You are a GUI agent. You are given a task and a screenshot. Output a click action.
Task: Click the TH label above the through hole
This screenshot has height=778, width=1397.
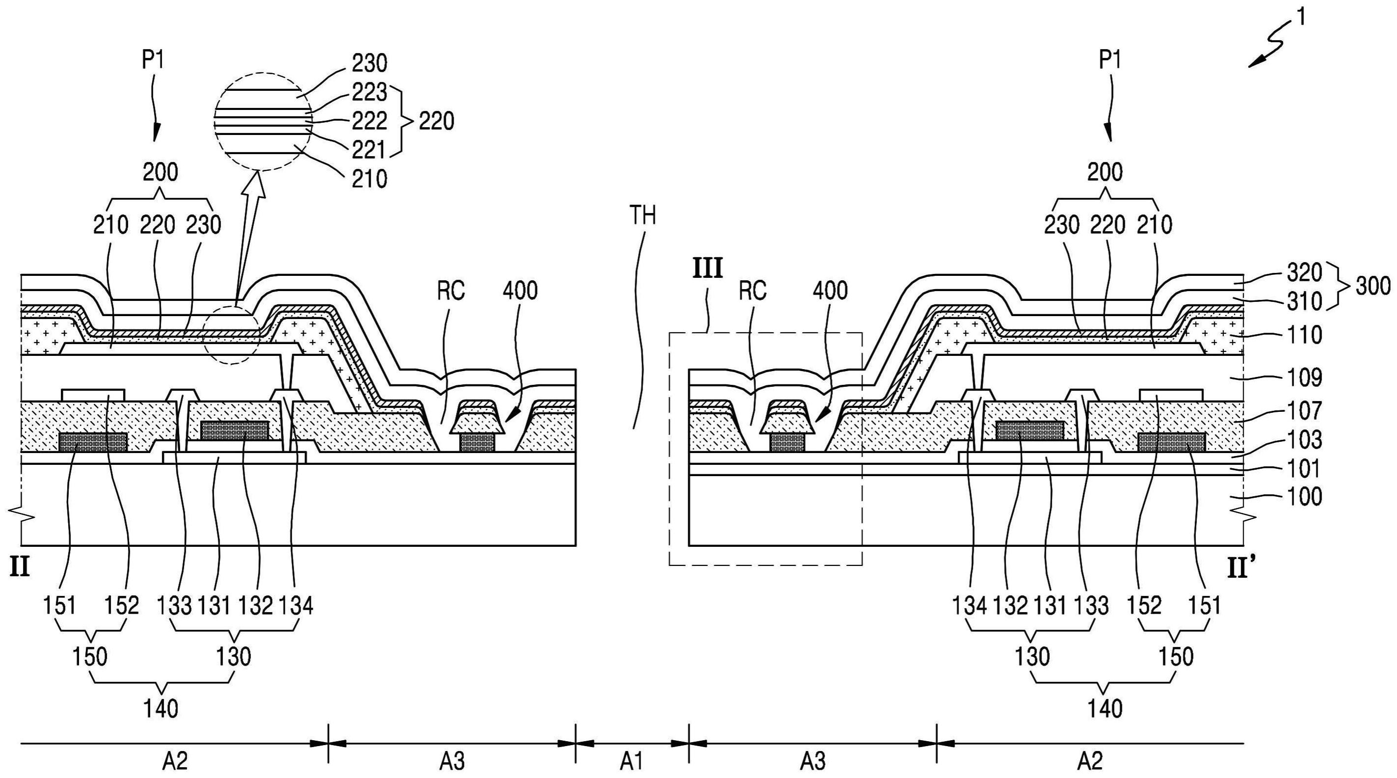click(642, 215)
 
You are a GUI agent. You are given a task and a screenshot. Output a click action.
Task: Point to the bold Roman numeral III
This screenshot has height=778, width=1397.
click(707, 268)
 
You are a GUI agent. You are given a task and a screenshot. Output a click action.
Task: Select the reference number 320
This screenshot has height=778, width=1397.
click(1304, 272)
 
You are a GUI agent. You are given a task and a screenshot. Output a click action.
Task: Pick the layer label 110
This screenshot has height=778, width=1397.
click(1304, 335)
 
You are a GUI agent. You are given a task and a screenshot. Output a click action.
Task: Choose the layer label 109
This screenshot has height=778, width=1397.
click(1304, 377)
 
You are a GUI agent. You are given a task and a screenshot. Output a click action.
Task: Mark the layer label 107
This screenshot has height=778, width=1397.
click(1304, 410)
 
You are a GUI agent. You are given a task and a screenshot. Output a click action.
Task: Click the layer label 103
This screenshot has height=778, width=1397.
click(1304, 440)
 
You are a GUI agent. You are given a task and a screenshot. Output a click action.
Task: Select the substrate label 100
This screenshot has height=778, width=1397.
click(1304, 496)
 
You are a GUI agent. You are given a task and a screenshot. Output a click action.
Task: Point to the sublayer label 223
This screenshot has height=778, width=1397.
click(370, 92)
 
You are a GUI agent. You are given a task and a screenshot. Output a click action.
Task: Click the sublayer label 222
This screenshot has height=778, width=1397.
click(370, 121)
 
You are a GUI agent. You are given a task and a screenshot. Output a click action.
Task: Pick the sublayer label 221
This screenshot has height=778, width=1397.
click(369, 150)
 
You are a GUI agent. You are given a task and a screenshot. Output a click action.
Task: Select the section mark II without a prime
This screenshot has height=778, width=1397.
click(20, 568)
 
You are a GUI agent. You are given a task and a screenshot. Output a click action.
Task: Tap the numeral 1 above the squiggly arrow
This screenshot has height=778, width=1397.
click(1301, 17)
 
